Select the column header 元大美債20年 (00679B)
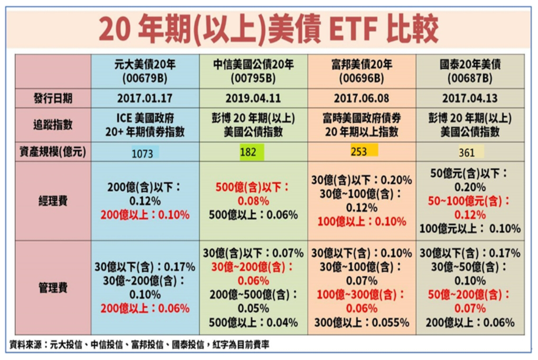click(145, 71)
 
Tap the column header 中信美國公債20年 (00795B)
click(253, 71)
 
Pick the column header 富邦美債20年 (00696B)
click(362, 71)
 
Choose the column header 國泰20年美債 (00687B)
click(470, 71)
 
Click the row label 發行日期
click(53, 98)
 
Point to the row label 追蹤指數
click(53, 125)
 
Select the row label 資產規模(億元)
click(52, 153)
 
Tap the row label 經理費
click(53, 201)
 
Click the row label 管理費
click(53, 287)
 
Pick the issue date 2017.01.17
click(145, 98)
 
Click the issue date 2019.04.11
click(253, 98)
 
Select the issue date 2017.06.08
click(362, 98)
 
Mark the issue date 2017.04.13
click(470, 98)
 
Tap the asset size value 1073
click(142, 153)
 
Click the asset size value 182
click(249, 152)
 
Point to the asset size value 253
click(359, 152)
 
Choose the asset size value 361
click(467, 153)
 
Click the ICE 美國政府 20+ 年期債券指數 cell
click(145, 125)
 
